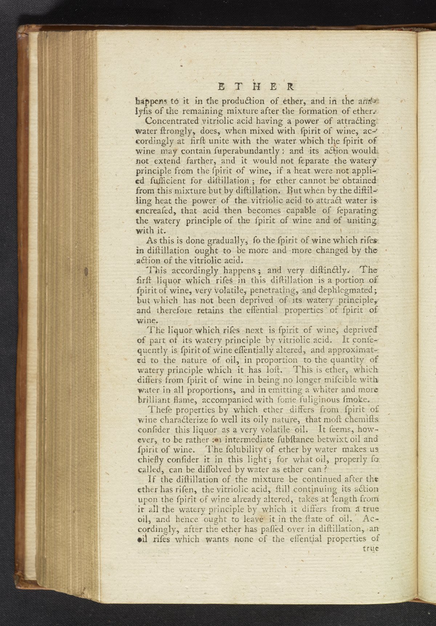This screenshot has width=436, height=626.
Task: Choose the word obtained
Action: point(358,181)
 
